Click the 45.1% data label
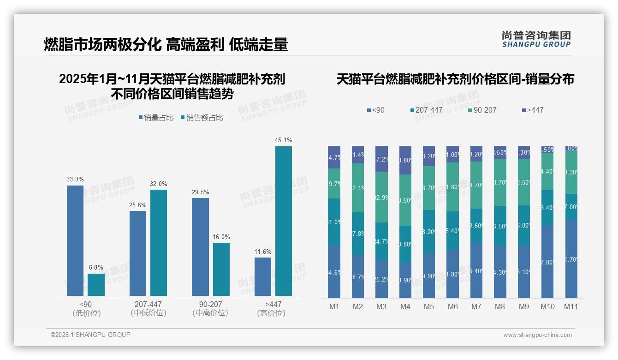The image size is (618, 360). (x=283, y=140)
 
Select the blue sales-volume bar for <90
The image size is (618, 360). (x=75, y=240)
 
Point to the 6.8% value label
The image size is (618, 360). (x=96, y=267)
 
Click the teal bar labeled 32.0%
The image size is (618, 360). (x=158, y=242)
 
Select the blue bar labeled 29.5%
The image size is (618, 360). (x=200, y=246)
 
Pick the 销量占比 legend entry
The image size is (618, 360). (x=156, y=118)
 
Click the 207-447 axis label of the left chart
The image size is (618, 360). (x=148, y=304)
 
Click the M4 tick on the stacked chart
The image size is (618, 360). (x=405, y=306)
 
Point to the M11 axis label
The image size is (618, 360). (x=571, y=306)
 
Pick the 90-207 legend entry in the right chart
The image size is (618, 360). (x=482, y=110)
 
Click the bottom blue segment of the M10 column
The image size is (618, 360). (x=547, y=262)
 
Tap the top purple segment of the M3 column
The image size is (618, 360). (x=381, y=159)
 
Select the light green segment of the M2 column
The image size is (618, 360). (x=358, y=188)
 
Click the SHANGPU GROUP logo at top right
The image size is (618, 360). (x=536, y=39)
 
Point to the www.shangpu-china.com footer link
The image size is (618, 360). (x=537, y=335)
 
